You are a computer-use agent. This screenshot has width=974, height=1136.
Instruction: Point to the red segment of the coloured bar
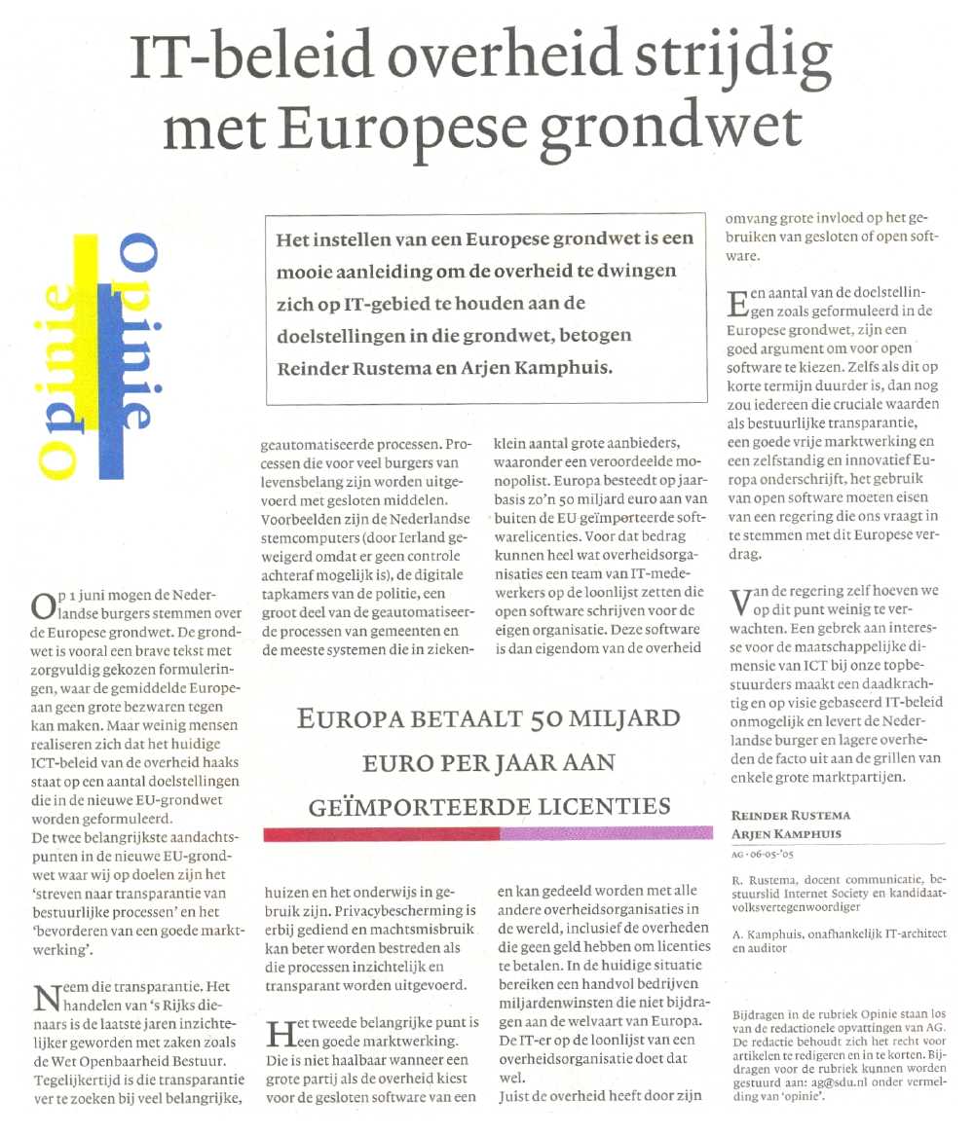[381, 833]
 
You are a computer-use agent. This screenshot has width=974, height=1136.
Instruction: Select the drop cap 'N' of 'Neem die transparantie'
[44, 998]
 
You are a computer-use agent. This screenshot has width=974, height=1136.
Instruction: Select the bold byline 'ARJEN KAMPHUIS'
[788, 833]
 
